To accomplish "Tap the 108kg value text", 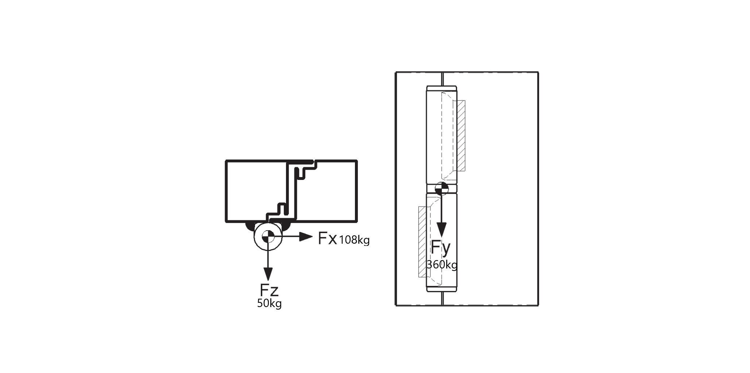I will pyautogui.click(x=354, y=240).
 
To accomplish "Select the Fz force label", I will pyautogui.click(x=269, y=290).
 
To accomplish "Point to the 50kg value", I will pyautogui.click(x=269, y=303).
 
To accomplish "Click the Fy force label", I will pyautogui.click(x=441, y=248).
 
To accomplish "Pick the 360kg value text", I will pyautogui.click(x=442, y=265).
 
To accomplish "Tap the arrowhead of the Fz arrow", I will pyautogui.click(x=268, y=274).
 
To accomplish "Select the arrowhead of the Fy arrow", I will pyautogui.click(x=442, y=230).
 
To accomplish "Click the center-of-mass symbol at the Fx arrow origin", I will pyautogui.click(x=268, y=237).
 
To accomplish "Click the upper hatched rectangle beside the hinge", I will pyautogui.click(x=459, y=136).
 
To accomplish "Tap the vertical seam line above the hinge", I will pyautogui.click(x=442, y=79).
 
